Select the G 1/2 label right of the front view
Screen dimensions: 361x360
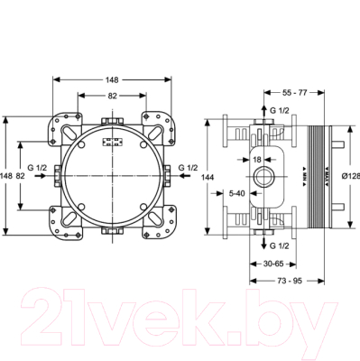189,167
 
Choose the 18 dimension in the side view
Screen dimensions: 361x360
256,159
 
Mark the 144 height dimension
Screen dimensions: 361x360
206,180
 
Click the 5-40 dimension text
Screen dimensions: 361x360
238,192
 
